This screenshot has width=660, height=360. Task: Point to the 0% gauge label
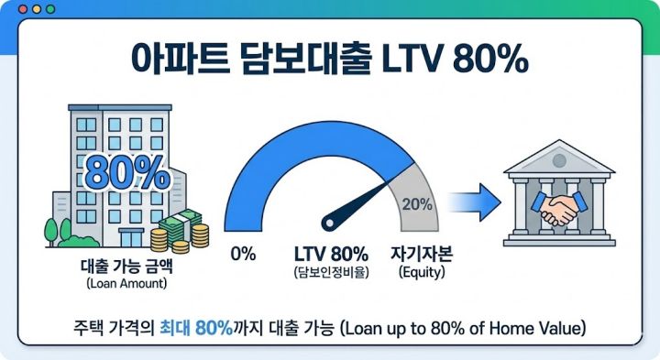pos(243,254)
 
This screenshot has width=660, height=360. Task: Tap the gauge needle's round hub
pos(331,223)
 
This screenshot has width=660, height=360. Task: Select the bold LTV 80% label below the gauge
pos(331,254)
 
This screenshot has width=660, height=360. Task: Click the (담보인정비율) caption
pos(331,272)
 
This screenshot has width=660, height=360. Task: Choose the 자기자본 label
pos(419,254)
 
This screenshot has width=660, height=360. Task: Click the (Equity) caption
pos(419,272)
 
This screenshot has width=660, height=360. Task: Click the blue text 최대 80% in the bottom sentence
pos(196,327)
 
